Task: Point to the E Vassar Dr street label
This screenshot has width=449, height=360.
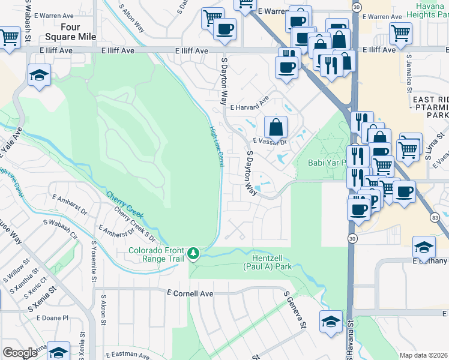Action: (270, 142)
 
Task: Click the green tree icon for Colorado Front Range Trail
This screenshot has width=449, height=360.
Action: (193, 254)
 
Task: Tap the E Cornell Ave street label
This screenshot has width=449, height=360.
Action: (190, 294)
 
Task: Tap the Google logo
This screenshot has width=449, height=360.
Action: (20, 353)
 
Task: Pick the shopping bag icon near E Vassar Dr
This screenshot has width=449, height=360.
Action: (276, 127)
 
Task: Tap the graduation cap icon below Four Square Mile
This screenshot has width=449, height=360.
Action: (39, 75)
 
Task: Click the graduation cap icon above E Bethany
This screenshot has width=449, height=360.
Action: (424, 247)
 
